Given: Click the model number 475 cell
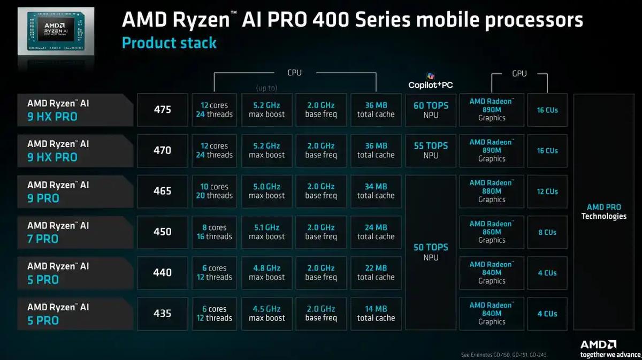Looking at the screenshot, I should click(163, 110).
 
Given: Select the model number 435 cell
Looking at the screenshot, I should click(163, 313).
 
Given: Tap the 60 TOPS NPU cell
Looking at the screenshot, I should click(430, 110).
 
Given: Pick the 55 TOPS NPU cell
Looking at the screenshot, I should click(430, 150).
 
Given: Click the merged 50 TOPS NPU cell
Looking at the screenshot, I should click(430, 252).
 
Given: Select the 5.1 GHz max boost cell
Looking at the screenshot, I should click(267, 232).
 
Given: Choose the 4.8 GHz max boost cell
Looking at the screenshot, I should click(267, 272).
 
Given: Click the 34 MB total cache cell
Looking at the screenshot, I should click(376, 191).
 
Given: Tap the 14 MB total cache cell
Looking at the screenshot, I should click(376, 313).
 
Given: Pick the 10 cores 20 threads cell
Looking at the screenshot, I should click(214, 191).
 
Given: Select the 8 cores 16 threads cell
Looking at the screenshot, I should click(214, 232).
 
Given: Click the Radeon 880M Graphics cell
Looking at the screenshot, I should click(492, 191).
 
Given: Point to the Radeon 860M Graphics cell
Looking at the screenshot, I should click(492, 232).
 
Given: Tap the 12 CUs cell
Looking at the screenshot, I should click(547, 191).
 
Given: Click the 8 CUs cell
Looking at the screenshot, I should click(547, 232).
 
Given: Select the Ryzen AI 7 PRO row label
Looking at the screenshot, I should click(75, 232).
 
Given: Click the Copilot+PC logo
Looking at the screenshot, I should click(431, 81).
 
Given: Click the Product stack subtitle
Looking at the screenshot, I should click(169, 43).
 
